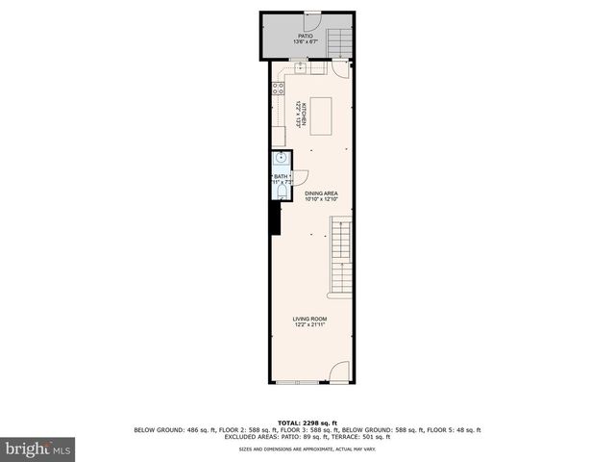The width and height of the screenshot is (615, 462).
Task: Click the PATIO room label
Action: point(304,37)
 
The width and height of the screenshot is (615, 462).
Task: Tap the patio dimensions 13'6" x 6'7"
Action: point(304,42)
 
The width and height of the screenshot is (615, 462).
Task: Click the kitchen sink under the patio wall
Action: point(300,67)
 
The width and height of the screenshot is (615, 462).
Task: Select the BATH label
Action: point(280,176)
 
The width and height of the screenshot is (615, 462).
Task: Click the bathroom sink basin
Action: point(280,160)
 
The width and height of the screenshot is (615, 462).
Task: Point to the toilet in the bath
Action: point(279,192)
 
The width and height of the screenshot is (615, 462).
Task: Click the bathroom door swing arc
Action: point(299,177)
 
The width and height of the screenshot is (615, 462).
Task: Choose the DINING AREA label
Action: point(321,193)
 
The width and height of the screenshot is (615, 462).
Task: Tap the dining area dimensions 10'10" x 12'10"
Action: point(321,199)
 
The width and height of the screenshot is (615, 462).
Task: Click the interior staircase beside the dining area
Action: point(341,254)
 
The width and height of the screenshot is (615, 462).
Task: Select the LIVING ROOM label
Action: point(310,319)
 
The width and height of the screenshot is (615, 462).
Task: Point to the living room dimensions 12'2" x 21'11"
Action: point(310,324)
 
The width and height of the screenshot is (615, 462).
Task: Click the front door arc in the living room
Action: point(340,373)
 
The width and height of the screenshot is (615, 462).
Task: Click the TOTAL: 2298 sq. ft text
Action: point(307,423)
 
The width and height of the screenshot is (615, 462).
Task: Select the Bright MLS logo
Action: point(38,448)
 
